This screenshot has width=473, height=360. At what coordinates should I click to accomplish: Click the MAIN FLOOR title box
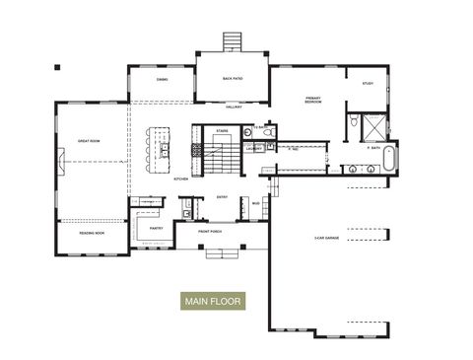[212, 300]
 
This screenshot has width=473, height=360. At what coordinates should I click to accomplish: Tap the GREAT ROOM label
[91, 141]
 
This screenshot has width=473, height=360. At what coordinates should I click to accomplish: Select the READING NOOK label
[93, 233]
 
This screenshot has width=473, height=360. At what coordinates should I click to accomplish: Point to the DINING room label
[163, 79]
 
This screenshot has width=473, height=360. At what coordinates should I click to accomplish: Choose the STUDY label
[368, 84]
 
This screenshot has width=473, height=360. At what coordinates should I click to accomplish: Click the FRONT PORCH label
[210, 233]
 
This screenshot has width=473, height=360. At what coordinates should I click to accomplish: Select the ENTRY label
[222, 197]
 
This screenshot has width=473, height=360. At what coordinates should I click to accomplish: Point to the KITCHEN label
[181, 180]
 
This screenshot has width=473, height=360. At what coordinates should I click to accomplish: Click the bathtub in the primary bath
[387, 157]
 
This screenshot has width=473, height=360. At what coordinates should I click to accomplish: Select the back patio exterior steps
[232, 41]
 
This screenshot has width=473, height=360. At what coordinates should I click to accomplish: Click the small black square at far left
[57, 67]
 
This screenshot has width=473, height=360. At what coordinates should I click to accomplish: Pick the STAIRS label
[223, 129]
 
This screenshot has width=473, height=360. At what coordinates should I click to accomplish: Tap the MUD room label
[255, 205]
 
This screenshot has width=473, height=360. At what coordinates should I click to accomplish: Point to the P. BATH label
[373, 147]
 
